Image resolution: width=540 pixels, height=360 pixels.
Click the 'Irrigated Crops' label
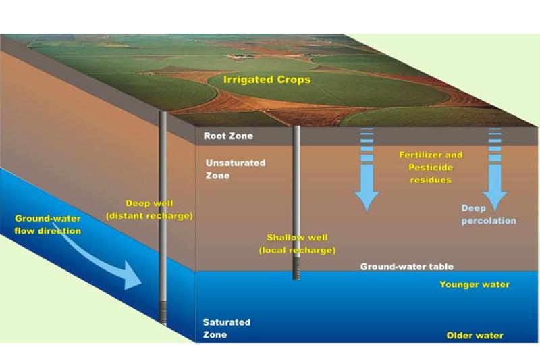click(x=268, y=80)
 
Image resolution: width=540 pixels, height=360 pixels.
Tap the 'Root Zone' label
click(x=228, y=136)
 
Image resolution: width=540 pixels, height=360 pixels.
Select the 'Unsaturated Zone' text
click(x=226, y=170)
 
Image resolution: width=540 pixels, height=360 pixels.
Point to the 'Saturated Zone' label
click(x=226, y=328)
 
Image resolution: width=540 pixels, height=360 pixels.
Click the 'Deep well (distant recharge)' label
click(x=159, y=209)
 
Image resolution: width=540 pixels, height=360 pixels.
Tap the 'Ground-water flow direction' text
click(x=48, y=224)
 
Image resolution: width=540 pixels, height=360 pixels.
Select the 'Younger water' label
click(x=475, y=284)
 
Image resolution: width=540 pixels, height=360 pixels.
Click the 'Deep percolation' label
click(x=489, y=214)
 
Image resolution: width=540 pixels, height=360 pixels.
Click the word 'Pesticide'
click(x=431, y=168)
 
